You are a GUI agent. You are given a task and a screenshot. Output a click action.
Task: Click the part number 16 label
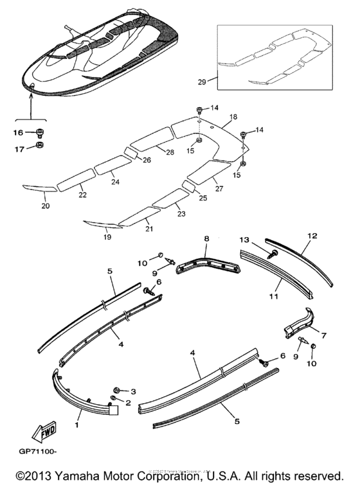click(18, 132)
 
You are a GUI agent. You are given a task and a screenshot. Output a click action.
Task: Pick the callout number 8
click(206, 239)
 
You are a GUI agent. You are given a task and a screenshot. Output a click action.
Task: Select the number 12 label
click(312, 236)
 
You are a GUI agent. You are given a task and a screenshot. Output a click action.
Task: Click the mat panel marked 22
click(75, 183)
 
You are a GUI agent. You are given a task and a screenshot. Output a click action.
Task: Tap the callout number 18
click(232, 118)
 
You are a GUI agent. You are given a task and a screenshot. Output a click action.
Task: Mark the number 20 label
click(45, 206)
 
